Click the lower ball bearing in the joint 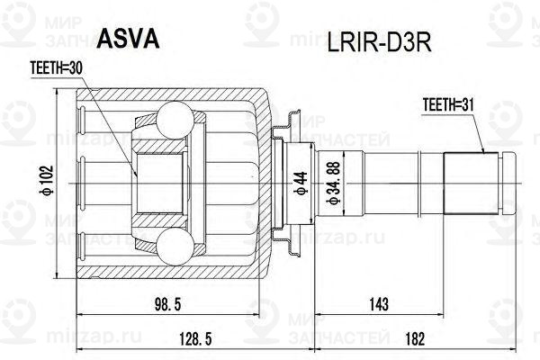(x=176, y=240)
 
